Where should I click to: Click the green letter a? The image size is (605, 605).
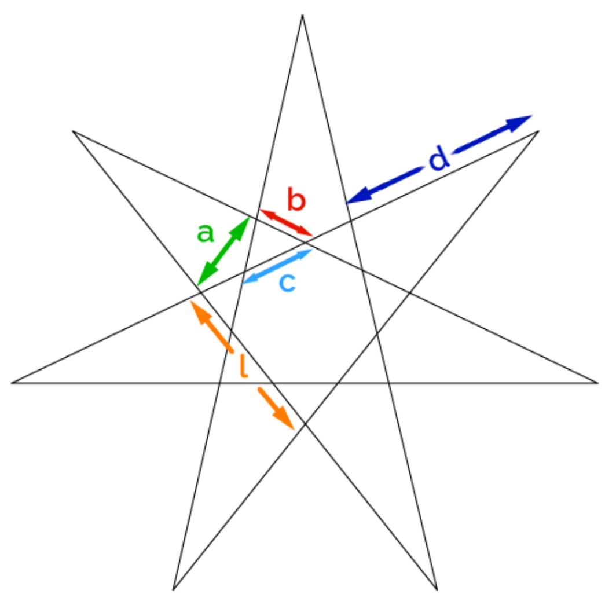coord(206,233)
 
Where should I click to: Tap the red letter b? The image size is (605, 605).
coord(296,200)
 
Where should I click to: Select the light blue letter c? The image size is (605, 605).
coord(287,283)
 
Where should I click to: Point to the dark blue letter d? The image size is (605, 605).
coord(439,158)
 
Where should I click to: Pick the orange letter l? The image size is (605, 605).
coord(243,366)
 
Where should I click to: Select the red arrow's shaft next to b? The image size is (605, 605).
coord(286,223)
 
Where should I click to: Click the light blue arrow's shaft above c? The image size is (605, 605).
coord(277,266)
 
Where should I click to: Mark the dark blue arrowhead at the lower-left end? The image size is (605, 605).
coord(359,195)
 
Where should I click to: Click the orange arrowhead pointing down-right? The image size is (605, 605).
coord(284,419)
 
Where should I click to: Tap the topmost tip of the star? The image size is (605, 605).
coord(302,15)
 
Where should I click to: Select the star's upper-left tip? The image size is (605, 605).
coord(74,131)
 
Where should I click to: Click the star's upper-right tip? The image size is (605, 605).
coord(538,131)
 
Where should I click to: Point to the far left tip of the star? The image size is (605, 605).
coord(12,383)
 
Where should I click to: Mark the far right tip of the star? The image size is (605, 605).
coord(597,383)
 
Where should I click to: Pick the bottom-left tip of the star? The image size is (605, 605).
coord(173,589)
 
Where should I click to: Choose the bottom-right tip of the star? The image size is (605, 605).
coord(437,589)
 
